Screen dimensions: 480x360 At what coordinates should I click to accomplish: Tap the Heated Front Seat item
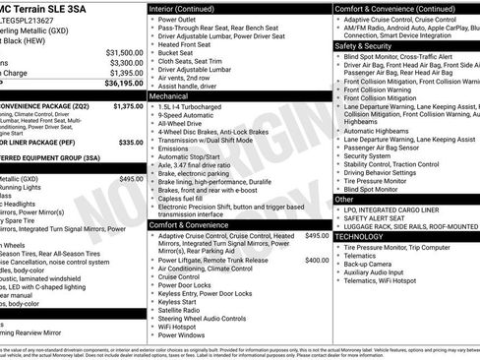pos(188,45)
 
